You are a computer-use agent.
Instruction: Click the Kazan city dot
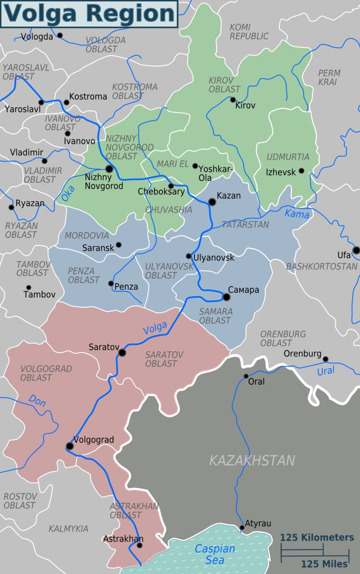[x=212, y=202]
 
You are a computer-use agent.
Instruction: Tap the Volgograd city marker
[x=70, y=446]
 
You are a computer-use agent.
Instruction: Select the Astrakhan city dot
[x=139, y=545]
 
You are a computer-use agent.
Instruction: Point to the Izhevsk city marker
[x=301, y=171]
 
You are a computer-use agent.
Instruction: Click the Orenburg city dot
[x=325, y=359]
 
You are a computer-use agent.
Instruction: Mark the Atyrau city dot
[x=242, y=527]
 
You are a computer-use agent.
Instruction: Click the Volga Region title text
[x=89, y=14]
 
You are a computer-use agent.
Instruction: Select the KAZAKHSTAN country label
[x=252, y=460]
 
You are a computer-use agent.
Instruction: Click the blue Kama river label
[x=297, y=214]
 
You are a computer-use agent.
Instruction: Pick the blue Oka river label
[x=68, y=194]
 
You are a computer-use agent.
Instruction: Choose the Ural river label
[x=326, y=372]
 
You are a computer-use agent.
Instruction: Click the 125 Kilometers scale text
[x=317, y=538]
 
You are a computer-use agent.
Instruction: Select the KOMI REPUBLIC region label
[x=249, y=32]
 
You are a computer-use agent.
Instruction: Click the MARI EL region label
[x=173, y=164]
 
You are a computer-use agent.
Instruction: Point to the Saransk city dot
[x=119, y=245]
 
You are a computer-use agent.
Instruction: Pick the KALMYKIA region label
[x=68, y=529]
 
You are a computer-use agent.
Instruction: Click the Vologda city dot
[x=60, y=35]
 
